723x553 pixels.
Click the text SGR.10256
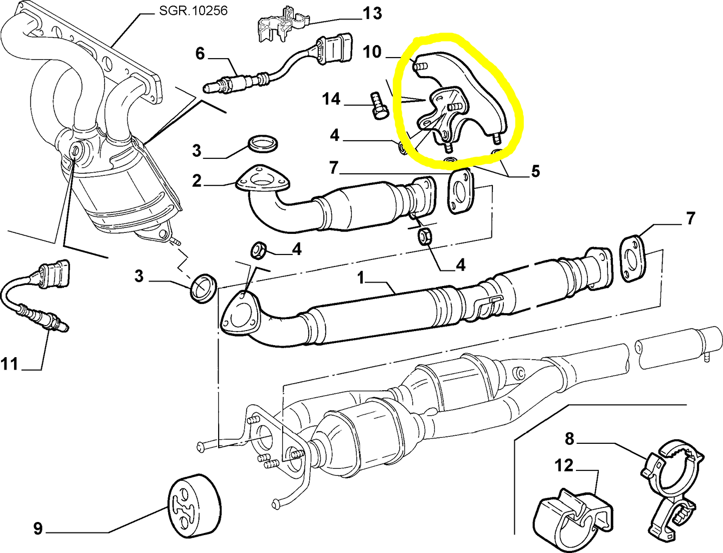[x=193, y=10]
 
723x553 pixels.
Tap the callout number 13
[x=372, y=13]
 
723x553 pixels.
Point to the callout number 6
[x=200, y=53]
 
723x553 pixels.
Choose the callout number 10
[x=372, y=52]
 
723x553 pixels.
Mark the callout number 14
[x=331, y=99]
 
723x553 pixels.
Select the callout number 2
[x=197, y=180]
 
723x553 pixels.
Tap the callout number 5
[x=535, y=171]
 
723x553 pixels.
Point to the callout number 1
[x=361, y=278]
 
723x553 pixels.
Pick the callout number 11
[x=10, y=364]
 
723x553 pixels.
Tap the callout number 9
[x=38, y=528]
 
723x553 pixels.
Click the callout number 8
[x=569, y=439]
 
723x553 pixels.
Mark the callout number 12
[x=564, y=465]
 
